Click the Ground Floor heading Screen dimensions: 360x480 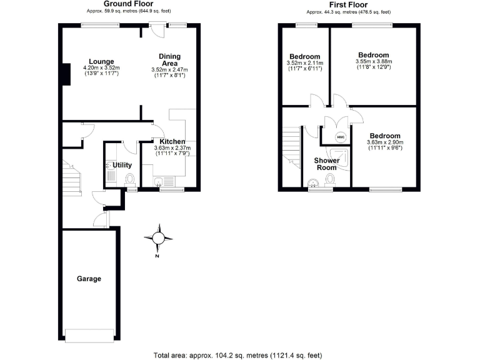129,4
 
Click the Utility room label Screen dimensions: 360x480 121,165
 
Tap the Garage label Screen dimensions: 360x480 89,279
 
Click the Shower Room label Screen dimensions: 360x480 325,164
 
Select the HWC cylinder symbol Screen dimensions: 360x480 341,137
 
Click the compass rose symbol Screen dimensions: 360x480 158,237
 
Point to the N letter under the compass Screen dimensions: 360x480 158,256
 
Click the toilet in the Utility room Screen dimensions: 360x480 130,181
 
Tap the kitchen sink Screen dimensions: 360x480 160,182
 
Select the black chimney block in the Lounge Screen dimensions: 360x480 65,74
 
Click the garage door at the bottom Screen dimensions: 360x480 89,336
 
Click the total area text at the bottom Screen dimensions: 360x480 238,355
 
